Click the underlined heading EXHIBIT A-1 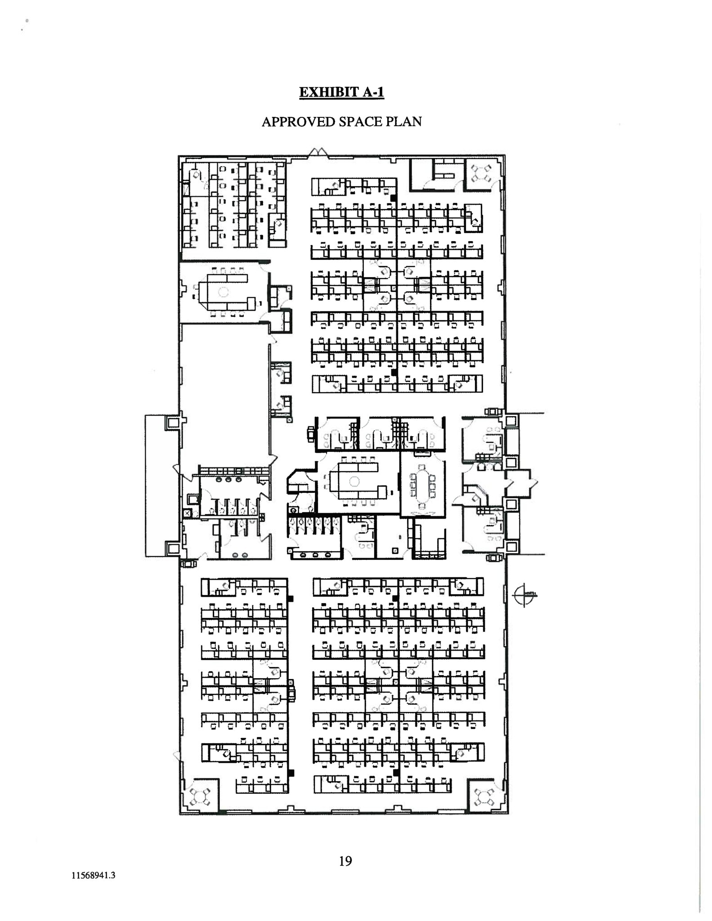point(341,92)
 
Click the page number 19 point(345,861)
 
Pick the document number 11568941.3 point(93,875)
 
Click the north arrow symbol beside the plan point(524,595)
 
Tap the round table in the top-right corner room point(480,173)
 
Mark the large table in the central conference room point(355,482)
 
